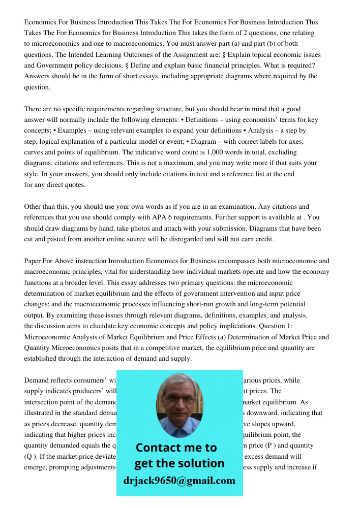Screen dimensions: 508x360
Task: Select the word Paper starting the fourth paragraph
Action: [34, 261]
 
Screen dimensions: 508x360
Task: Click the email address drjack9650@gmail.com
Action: [179, 481]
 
